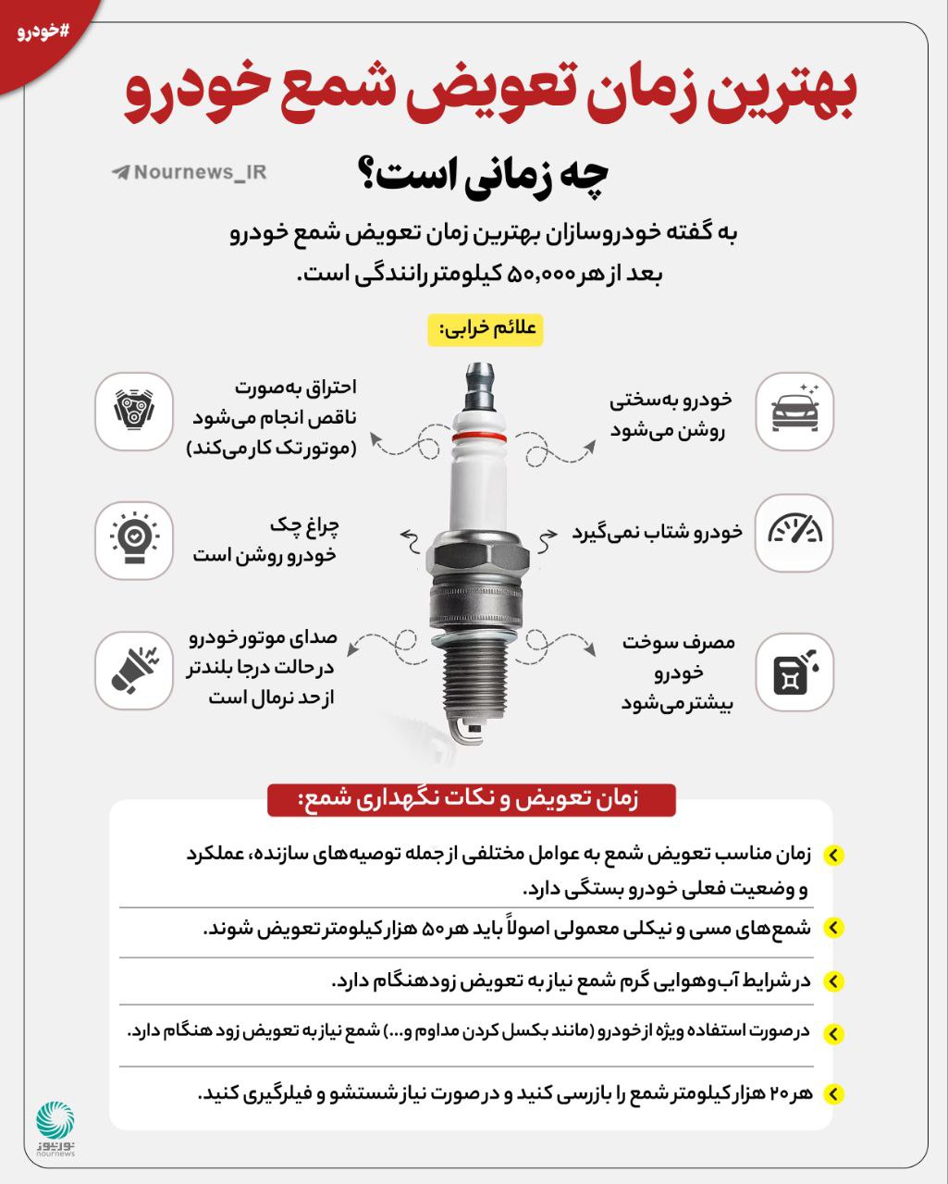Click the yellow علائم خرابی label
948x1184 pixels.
[485, 329]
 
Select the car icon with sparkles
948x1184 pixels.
[794, 412]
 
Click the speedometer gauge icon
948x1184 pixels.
[794, 532]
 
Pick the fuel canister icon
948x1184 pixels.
[794, 671]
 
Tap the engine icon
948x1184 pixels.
[134, 412]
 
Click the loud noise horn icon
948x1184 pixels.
[134, 671]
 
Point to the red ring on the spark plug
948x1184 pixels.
[480, 435]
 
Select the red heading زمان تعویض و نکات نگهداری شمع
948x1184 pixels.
[472, 798]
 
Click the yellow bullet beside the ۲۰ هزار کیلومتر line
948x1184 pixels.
[832, 1094]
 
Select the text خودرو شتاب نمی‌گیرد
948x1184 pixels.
[657, 532]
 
